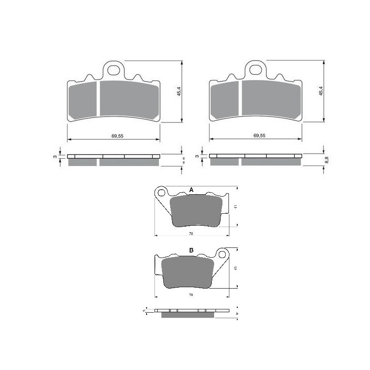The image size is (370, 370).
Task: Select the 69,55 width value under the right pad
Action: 259,136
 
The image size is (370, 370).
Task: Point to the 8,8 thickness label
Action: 327,160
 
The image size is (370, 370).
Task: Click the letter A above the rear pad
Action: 191,190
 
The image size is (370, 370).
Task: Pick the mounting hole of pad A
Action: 161,192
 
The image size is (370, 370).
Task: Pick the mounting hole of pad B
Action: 222,254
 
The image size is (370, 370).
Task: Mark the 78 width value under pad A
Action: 191,234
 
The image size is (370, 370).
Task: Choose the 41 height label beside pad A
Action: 235,207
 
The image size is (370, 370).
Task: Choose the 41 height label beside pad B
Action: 235,268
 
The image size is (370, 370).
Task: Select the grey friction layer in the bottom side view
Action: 188,315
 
